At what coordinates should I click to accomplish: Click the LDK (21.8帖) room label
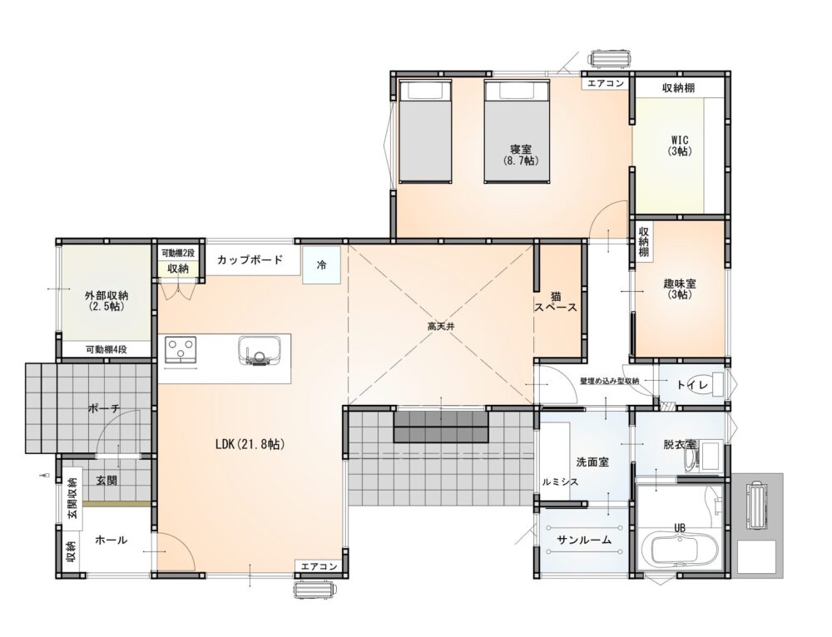pos(250,444)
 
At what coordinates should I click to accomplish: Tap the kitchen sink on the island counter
pos(259,351)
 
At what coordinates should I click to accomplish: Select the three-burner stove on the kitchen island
pos(181,350)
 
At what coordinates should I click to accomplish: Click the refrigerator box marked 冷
pos(321,265)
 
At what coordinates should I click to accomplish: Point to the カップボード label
pos(250,260)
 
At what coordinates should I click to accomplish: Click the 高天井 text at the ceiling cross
pos(442,327)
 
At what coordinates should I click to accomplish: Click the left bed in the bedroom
pos(425,131)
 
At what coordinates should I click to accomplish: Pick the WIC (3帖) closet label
pos(680,146)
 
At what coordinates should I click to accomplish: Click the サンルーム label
pos(584,540)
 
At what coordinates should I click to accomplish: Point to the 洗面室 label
pos(592,462)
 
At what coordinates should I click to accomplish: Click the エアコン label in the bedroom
pos(606,83)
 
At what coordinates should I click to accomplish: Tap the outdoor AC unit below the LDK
pos(315,590)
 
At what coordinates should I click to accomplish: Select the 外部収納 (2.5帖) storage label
pos(106,301)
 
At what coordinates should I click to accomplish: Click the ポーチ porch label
pos(104,407)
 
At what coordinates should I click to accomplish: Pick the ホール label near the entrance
pos(111,540)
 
